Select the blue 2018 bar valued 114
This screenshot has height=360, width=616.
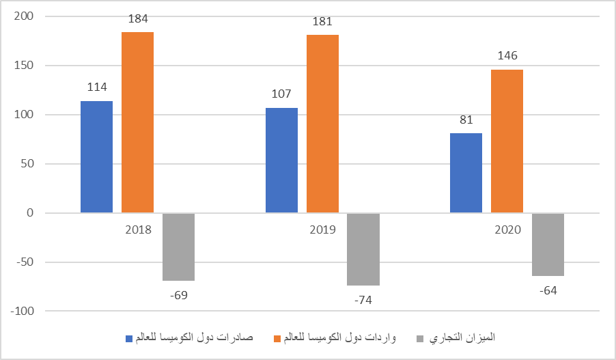[x=96, y=157]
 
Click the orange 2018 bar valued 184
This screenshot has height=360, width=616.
[x=137, y=123]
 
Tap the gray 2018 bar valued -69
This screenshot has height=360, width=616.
[x=178, y=247]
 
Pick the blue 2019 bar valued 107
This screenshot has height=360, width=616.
[x=281, y=161]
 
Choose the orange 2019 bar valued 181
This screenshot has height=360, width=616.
[x=322, y=124]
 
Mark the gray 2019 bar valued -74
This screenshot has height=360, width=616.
[x=363, y=249]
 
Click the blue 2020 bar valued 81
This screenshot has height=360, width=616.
[x=466, y=173]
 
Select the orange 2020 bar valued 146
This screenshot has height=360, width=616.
[x=507, y=141]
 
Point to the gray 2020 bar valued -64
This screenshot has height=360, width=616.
[x=548, y=245]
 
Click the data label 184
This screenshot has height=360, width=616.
[x=137, y=20]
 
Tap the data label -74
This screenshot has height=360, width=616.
[x=363, y=301]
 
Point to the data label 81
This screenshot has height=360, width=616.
[x=466, y=120]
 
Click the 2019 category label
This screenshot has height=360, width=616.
[x=322, y=230]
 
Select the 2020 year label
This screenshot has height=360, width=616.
[x=507, y=230]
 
